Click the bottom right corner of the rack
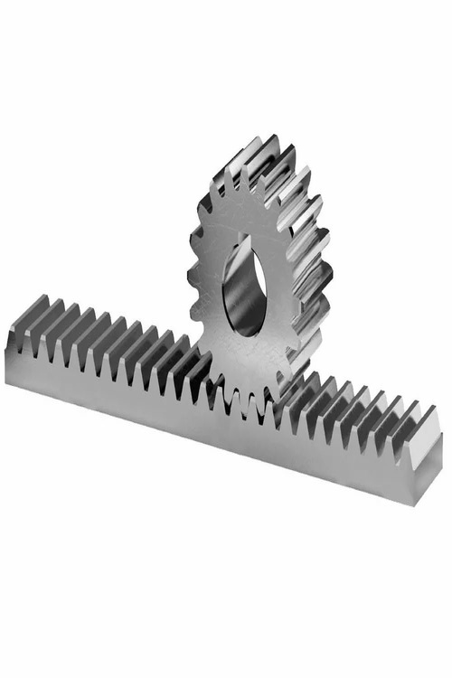pos(416,504)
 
